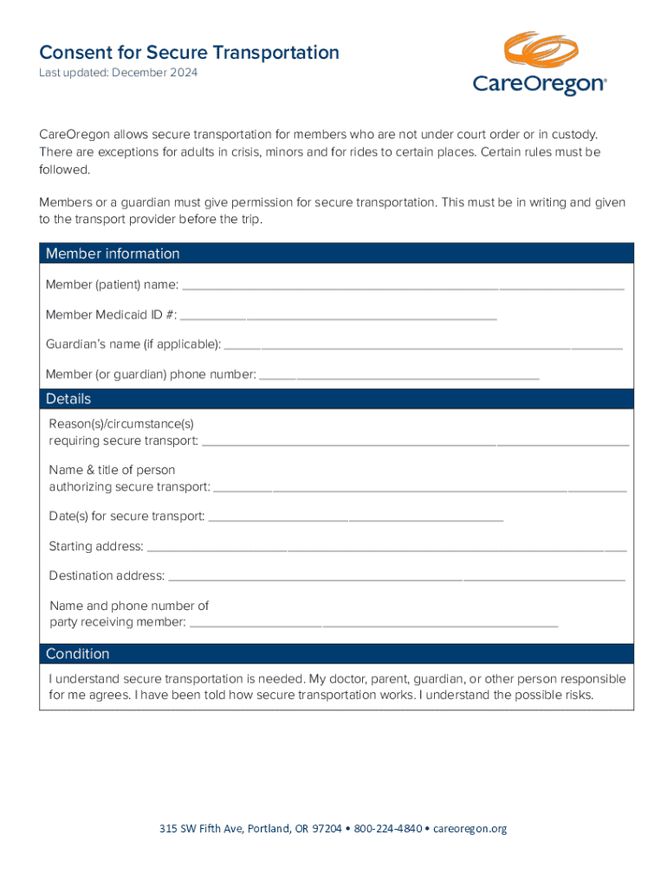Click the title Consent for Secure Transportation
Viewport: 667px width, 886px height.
coord(189,53)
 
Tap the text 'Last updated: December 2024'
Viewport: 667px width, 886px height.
coord(118,73)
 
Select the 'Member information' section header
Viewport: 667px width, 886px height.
coord(113,254)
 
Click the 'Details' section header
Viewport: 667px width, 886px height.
coord(68,399)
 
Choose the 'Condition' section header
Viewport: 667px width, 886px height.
coord(78,653)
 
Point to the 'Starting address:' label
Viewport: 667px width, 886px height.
coord(96,547)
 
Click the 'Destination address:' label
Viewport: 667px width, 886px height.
coord(107,575)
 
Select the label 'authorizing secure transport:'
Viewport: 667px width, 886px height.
coord(129,487)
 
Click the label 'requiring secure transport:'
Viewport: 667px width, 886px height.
coord(123,441)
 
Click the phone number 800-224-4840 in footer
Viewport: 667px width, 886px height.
coord(388,829)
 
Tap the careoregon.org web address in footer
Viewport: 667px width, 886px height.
coord(469,829)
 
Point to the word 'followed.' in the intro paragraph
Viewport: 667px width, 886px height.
coord(64,170)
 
